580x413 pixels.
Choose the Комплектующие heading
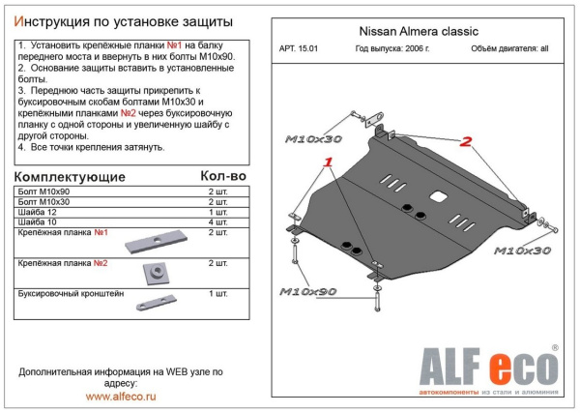(72, 177)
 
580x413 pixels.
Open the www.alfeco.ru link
(122, 397)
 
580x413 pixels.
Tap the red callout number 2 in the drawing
(465, 143)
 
